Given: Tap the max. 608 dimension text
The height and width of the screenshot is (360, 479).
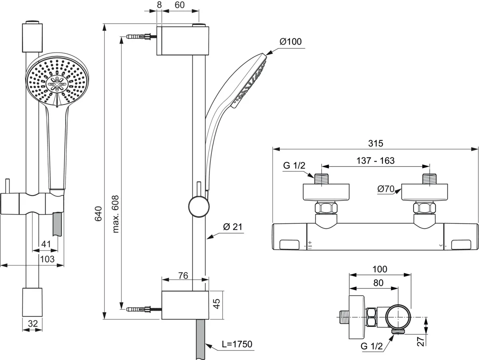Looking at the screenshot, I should tap(116, 214).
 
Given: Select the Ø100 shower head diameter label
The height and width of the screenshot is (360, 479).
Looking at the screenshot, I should tap(290, 41).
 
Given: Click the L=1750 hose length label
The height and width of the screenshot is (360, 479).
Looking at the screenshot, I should tap(237, 344).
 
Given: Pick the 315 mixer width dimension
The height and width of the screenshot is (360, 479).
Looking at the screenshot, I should tap(375, 143).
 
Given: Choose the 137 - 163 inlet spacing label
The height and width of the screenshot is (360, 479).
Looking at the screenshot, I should tap(375, 161).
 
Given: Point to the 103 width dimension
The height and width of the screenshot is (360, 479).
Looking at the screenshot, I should tap(48, 259).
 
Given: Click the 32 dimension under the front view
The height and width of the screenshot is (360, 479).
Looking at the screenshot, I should tap(32, 324).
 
